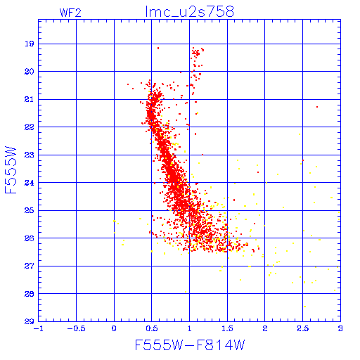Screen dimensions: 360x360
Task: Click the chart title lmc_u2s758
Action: pos(190,12)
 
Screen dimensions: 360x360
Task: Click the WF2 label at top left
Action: pos(70,13)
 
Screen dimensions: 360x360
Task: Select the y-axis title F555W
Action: pos(11,170)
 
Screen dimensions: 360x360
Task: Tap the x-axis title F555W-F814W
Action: pos(190,345)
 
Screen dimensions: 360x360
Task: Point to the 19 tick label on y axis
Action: pos(30,44)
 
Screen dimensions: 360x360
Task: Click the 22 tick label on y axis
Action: pos(30,127)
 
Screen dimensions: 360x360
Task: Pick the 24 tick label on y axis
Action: pos(30,183)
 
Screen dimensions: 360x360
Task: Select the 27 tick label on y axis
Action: pos(30,266)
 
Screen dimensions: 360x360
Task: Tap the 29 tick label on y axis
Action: pos(30,321)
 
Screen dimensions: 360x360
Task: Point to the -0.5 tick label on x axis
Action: pos(76,328)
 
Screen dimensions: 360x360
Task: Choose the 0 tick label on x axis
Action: pos(114,328)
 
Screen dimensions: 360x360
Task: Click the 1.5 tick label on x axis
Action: pos(227,328)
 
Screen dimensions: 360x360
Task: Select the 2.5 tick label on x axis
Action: pos(302,328)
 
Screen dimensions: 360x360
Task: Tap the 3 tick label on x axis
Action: pos(340,328)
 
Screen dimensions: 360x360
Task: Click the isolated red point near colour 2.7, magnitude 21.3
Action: pos(317,107)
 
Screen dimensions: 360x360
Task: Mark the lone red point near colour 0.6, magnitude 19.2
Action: pos(158,48)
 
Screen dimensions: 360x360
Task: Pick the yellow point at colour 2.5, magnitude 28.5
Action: pos(304,307)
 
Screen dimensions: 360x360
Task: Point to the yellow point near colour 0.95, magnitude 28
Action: pos(186,292)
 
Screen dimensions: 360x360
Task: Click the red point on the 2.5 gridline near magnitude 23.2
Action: pos(303,160)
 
